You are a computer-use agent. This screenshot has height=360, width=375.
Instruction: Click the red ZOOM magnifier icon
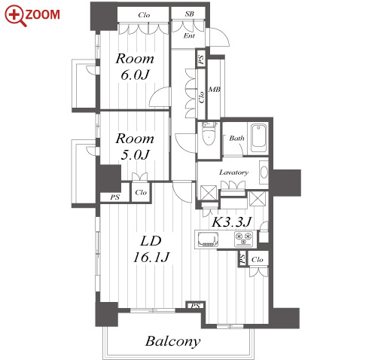coord(15,16)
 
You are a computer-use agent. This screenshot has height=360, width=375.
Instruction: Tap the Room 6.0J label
coord(135,67)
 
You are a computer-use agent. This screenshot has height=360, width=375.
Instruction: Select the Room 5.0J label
coord(135,147)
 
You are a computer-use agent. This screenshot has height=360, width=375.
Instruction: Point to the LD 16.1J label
coord(151,249)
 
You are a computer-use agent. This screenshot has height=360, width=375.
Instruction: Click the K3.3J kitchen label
coord(231,222)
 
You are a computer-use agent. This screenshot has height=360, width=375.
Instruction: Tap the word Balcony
coord(173,341)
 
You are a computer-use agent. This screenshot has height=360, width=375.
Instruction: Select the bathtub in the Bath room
coord(258,138)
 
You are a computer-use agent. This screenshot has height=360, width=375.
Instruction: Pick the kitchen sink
coord(208,239)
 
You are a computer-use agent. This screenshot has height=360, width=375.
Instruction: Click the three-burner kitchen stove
coord(243,239)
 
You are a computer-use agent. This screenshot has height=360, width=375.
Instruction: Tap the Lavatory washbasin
coord(264,172)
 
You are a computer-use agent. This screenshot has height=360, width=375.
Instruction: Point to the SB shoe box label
coord(190,14)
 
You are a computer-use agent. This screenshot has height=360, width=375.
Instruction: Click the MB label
coord(215,89)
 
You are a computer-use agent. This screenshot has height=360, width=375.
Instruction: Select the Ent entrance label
coord(189,35)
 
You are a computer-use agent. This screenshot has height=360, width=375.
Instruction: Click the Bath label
coord(236,138)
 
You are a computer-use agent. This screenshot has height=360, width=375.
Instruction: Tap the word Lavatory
coord(234,172)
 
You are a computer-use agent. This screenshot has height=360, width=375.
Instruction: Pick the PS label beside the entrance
coord(201,59)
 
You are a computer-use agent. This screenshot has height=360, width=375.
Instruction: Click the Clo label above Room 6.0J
coord(144,15)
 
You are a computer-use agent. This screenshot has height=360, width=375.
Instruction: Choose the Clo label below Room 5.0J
coord(141,193)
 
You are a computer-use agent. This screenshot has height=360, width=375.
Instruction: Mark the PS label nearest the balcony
coord(196,306)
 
